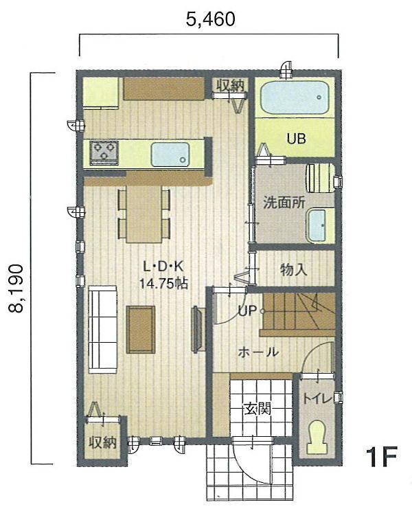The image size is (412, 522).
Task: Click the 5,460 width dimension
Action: click(x=211, y=19)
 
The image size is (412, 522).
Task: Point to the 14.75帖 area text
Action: click(x=164, y=282)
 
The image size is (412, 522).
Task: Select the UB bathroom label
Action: click(x=296, y=138)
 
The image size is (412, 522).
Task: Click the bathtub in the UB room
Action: click(x=295, y=98)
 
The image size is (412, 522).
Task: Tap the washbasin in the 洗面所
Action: click(x=319, y=225)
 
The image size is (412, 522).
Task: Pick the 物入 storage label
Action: click(x=294, y=269)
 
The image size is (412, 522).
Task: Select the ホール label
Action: click(x=257, y=352)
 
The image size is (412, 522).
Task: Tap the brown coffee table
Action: click(x=141, y=329)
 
